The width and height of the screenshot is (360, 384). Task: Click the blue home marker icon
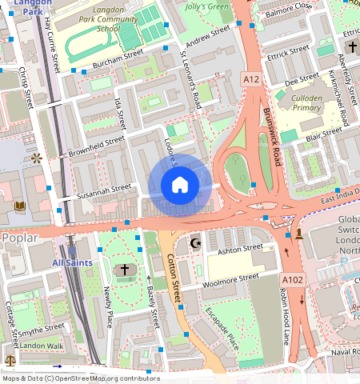(x=180, y=186)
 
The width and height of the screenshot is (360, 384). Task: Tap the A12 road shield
(x=251, y=78)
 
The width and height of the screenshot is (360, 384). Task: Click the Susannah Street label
(x=103, y=190)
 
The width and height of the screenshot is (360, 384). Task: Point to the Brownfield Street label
(x=96, y=144)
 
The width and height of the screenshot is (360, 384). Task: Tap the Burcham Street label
(x=117, y=57)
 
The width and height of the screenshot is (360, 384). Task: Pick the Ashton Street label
(x=240, y=249)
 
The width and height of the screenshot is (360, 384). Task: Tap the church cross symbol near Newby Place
(x=124, y=270)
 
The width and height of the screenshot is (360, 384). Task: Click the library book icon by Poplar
(x=20, y=206)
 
